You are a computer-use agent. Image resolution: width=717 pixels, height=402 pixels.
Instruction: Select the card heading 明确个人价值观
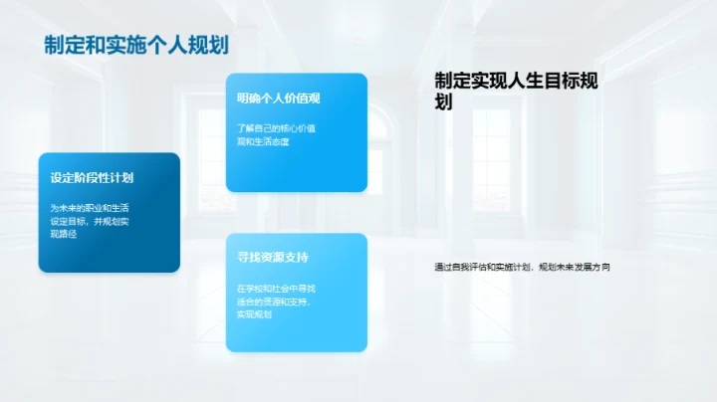tap(278, 99)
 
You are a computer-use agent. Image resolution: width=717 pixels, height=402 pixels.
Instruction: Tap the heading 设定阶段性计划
tap(93, 178)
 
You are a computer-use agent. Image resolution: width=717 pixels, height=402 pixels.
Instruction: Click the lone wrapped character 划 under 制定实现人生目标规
tap(444, 102)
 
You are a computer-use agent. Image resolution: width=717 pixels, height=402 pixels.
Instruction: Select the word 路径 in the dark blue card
tap(71, 234)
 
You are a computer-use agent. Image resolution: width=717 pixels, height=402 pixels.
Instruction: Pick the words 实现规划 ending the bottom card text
tap(254, 314)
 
